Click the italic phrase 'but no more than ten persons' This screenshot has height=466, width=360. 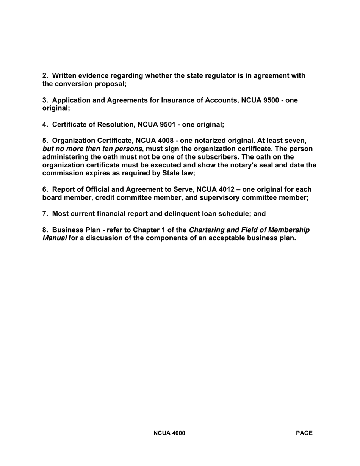[92, 149]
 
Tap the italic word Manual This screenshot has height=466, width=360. [54, 238]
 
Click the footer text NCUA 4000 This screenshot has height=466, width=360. [169, 433]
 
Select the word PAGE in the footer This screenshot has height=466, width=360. [304, 433]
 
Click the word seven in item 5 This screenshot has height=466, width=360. [296, 141]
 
